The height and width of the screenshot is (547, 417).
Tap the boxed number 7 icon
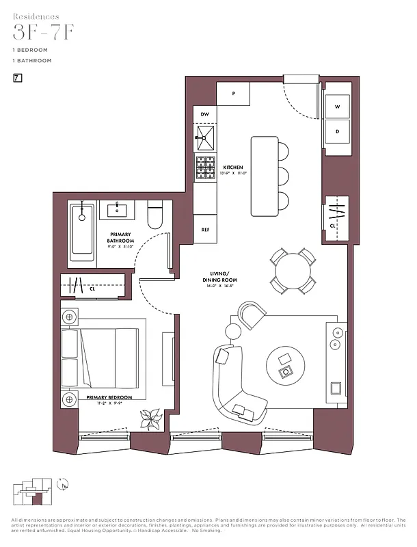click(16, 79)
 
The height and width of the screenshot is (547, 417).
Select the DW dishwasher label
click(204, 115)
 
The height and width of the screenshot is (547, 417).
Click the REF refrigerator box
click(204, 230)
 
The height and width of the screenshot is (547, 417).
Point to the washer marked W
click(337, 107)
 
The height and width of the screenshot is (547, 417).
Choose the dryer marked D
click(337, 131)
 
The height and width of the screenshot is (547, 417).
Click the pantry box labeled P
click(234, 94)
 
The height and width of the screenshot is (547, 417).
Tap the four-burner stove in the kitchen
click(205, 168)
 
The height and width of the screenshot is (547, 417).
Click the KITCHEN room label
click(233, 168)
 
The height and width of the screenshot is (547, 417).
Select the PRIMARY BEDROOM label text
click(109, 397)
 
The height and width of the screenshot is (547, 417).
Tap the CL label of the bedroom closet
click(92, 289)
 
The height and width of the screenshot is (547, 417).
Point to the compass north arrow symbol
click(63, 485)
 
